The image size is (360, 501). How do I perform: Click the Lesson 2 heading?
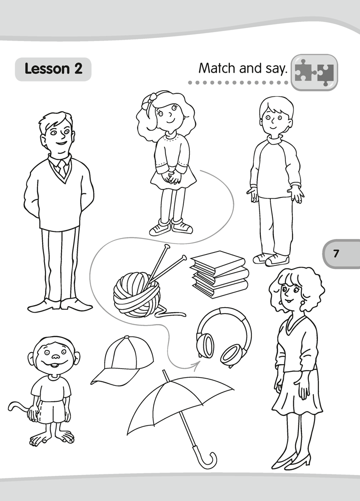(x=54, y=69)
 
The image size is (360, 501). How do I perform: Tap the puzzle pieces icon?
(x=314, y=73)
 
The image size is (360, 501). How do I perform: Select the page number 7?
(x=335, y=254)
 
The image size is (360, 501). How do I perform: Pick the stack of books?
(x=219, y=274)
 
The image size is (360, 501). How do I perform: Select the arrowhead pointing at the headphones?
(x=196, y=364)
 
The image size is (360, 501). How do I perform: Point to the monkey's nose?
(x=56, y=356)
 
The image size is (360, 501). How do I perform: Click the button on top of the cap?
(x=127, y=337)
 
